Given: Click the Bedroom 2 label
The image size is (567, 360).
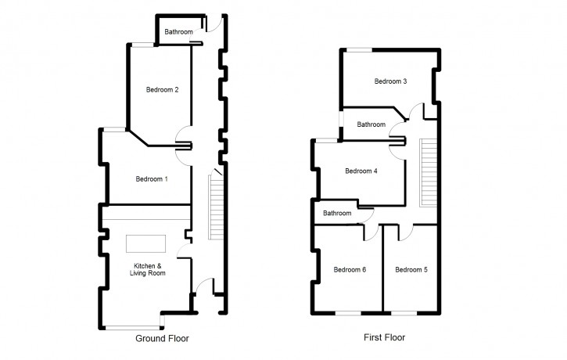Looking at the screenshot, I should (x=163, y=90).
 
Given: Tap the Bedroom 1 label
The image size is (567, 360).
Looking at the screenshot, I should (x=152, y=179).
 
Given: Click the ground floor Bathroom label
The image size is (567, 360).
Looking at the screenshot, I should (x=178, y=32).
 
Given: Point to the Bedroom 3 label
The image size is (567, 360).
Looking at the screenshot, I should (x=390, y=81).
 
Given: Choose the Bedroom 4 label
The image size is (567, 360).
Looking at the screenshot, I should (x=361, y=171).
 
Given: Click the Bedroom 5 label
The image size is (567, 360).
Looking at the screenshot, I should (x=411, y=270).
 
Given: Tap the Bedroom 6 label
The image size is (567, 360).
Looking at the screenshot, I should (x=350, y=270).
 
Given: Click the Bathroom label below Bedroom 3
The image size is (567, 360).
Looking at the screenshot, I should (x=371, y=124).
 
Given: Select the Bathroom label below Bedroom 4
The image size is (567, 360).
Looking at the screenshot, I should (x=338, y=213).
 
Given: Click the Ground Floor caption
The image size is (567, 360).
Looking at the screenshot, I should (x=163, y=339).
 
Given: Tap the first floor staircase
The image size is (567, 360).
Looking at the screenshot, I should (x=428, y=172).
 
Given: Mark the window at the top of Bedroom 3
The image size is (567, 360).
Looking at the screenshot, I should (x=360, y=50).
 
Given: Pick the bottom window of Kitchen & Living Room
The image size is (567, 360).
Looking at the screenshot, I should (x=135, y=326).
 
